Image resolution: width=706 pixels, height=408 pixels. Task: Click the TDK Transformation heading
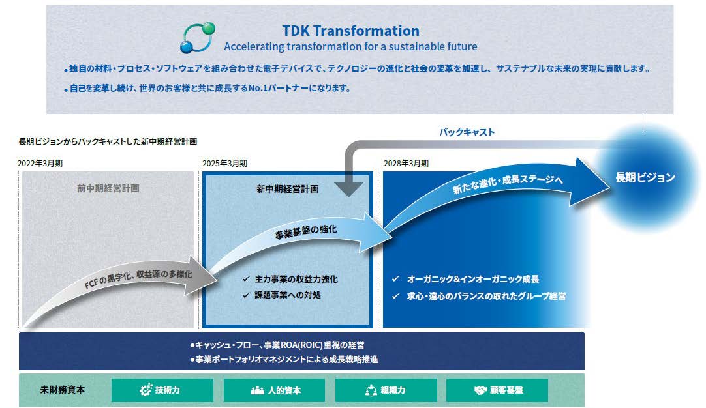coord(351,31)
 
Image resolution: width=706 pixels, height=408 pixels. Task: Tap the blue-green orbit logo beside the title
coord(197,38)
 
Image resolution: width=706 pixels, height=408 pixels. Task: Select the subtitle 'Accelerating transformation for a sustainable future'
coord(350,46)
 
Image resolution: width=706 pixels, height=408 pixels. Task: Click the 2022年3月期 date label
coord(40,164)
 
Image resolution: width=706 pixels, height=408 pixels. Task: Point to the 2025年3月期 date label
coord(224,164)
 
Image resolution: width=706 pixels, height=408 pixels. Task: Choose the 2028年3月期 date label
coord(406,164)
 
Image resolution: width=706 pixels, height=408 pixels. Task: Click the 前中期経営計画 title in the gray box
coord(108,188)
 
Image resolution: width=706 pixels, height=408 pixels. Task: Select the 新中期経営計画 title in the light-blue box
coord(288,189)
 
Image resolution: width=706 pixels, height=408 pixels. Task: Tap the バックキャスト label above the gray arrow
coord(467,132)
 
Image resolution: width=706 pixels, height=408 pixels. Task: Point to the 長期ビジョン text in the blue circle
coord(645,178)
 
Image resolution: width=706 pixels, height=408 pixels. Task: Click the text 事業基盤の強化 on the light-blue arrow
coord(306,231)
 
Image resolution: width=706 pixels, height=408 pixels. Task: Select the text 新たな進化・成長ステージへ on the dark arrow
coord(508,183)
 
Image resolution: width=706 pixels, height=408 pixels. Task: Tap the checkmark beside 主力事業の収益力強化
coord(246,279)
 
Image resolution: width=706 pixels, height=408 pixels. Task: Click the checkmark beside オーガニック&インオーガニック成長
coord(396,279)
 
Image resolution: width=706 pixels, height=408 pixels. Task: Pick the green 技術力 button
coord(162,390)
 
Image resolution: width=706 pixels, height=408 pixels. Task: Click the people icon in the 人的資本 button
coord(257,390)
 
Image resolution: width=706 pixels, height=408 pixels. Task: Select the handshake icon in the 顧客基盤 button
coord(480,390)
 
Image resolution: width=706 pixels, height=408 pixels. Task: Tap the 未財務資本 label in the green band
coord(62,390)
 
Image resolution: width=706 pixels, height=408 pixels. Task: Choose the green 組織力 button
coord(386,390)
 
